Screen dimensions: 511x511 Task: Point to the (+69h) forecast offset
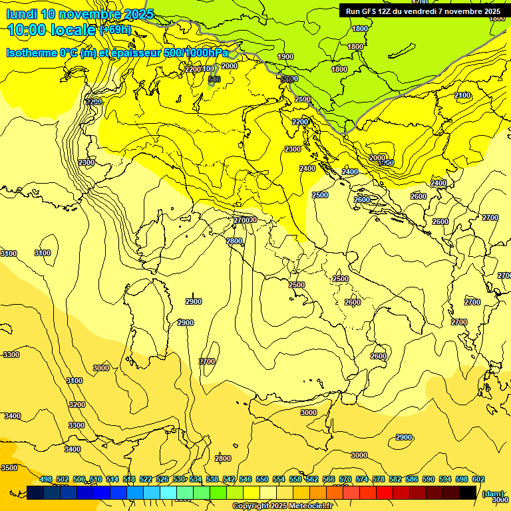pos(115,31)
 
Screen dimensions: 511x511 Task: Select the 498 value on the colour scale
pos(46,480)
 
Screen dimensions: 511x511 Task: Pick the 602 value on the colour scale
pos(478,480)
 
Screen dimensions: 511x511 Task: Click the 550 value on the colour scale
pos(262,480)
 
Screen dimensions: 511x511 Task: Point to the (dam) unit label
pos(493,494)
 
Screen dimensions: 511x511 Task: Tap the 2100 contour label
pos(462,96)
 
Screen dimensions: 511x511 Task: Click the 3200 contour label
pos(77,405)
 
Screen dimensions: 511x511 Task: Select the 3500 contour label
pos(9,468)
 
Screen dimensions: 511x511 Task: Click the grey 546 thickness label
pos(214,80)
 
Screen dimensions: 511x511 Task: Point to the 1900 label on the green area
pos(285,57)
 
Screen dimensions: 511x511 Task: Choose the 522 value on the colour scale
pos(146,480)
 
